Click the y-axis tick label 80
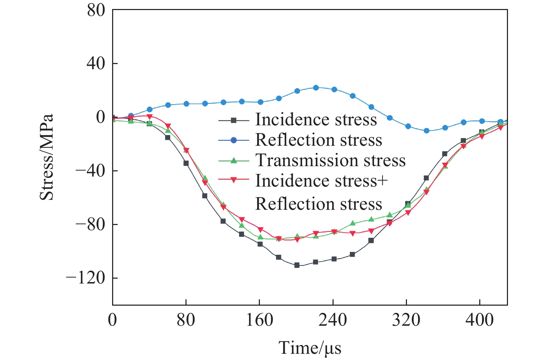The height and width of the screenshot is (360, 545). click(x=96, y=11)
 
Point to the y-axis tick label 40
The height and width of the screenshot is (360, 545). click(x=96, y=64)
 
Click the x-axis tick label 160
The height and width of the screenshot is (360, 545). click(x=259, y=320)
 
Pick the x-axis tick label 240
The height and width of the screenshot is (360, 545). click(x=333, y=320)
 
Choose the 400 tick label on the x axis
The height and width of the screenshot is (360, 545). click(x=479, y=320)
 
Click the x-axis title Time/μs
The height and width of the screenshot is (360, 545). click(x=310, y=348)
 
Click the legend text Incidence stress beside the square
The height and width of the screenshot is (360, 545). click(x=316, y=120)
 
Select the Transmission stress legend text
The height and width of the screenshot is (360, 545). click(x=330, y=160)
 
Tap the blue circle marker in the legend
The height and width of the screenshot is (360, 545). click(x=234, y=140)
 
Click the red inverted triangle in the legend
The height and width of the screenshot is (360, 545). click(x=234, y=180)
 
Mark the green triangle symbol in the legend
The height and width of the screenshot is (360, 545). click(x=234, y=160)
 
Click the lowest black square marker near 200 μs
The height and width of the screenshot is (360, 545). click(x=297, y=265)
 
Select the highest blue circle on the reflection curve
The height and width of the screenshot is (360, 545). click(x=316, y=88)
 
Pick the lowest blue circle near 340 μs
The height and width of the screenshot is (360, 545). click(x=426, y=131)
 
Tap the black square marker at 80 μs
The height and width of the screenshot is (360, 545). click(x=186, y=163)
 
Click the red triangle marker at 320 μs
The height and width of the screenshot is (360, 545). click(x=408, y=213)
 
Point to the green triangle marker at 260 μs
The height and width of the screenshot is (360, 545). click(x=353, y=223)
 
